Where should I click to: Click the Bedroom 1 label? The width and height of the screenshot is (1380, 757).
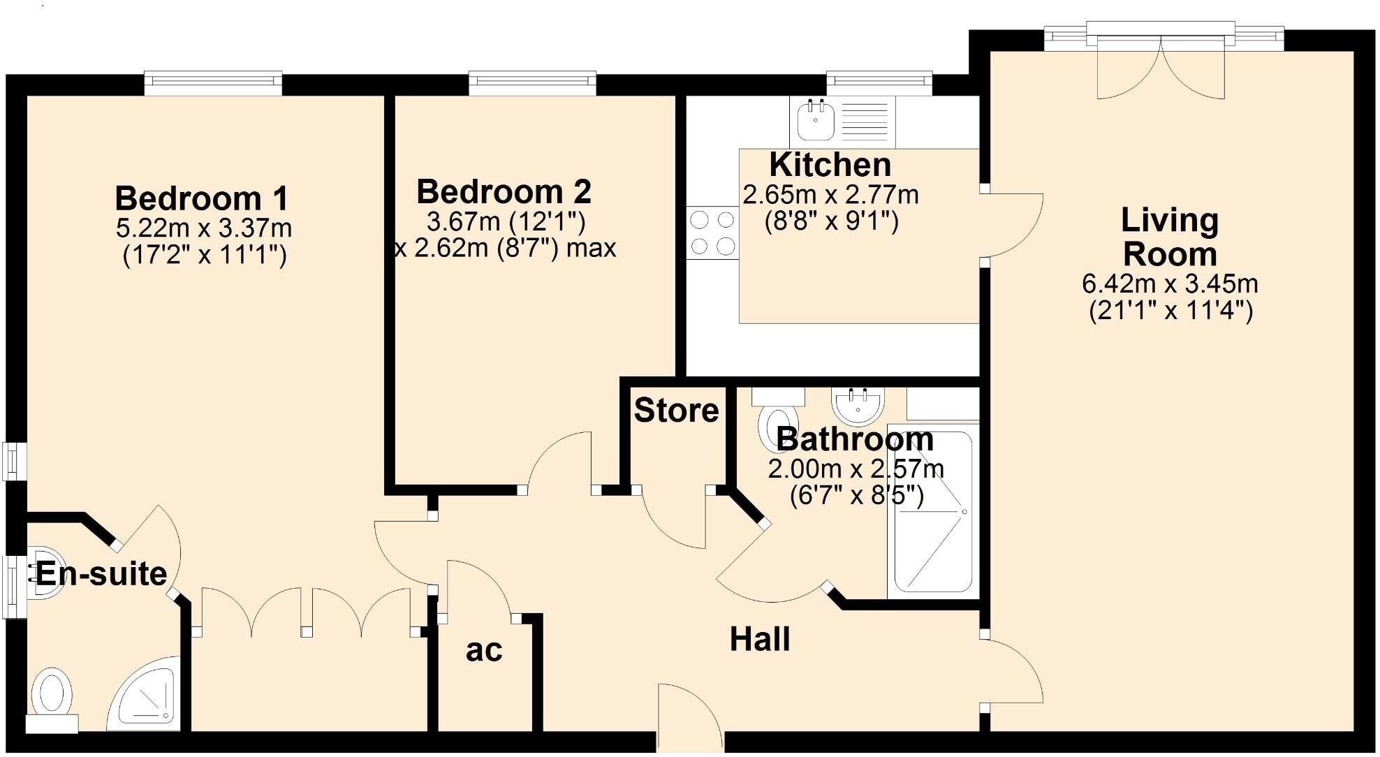coord(201,198)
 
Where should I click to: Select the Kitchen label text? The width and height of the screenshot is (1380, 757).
coord(830,166)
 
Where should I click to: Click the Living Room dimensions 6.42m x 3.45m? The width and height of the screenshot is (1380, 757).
coord(1170,284)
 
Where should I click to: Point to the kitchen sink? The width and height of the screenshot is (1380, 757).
coord(814,118)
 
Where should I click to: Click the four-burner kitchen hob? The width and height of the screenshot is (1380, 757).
coord(712,233)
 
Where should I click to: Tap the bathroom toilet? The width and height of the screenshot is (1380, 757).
coord(770,422)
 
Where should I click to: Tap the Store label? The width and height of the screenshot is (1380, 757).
coord(675,411)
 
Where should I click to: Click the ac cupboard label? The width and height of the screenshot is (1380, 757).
coord(483,650)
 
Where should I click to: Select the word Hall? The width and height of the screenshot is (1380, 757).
coord(760,640)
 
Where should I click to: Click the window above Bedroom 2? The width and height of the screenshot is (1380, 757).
coord(532,83)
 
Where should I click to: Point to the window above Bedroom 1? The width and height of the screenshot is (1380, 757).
coord(213,83)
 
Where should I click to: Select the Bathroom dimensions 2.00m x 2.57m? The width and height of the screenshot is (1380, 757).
coord(856,469)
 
